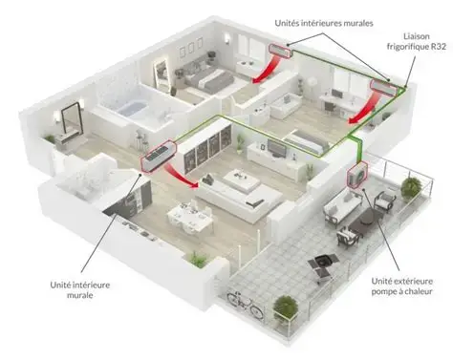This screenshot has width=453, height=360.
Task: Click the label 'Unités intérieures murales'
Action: click(324, 23)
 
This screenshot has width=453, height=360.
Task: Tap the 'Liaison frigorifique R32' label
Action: click(417, 41)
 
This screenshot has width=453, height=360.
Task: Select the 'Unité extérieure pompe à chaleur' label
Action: click(402, 286)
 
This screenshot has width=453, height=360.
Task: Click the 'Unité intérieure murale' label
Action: click(80, 289)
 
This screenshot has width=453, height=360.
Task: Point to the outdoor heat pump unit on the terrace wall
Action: click(357, 175)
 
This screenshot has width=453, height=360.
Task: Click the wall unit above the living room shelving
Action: click(159, 156)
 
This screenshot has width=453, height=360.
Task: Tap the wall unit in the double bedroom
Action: click(280, 51)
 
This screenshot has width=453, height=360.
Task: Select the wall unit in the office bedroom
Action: click(385, 88)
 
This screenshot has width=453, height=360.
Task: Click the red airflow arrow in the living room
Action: click(182, 177)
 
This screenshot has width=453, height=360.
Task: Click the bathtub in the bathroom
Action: click(133, 109)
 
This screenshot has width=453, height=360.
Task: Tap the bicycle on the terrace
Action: click(246, 304)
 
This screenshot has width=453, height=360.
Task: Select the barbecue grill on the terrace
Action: click(322, 266)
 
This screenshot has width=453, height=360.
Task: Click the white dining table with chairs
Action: click(190, 217)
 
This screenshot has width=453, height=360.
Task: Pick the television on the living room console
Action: click(275, 147)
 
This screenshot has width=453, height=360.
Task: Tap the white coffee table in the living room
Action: click(242, 180)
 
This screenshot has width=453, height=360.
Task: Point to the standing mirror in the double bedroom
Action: click(161, 74)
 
